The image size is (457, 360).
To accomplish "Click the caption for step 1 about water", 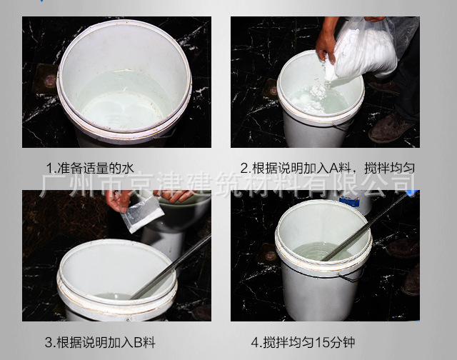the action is click(x=91, y=168).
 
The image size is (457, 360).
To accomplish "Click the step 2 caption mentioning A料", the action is click(x=328, y=168).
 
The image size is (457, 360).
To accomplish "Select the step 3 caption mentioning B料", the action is click(x=100, y=342).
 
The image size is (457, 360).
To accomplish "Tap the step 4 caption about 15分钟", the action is click(x=303, y=342).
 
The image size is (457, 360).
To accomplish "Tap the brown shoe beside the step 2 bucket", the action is click(x=391, y=129).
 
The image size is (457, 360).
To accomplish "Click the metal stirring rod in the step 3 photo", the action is click(x=171, y=266).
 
